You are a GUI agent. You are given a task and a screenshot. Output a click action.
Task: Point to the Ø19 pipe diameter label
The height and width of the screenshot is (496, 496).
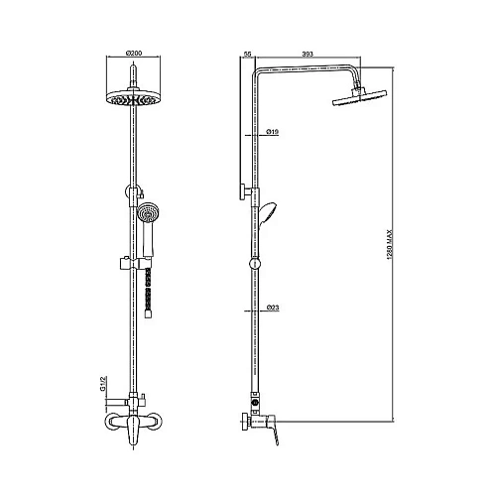coord(272,133)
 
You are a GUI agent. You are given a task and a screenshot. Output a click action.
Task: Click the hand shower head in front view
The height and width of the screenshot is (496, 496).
coord(149,212)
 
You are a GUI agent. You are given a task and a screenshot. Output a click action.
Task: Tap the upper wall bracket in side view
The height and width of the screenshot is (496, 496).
coord(245,192)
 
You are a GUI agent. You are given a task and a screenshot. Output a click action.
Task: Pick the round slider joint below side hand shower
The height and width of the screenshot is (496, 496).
coord(258,265)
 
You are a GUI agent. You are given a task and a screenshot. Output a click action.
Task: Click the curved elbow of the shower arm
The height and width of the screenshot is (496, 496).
coord(260,75)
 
